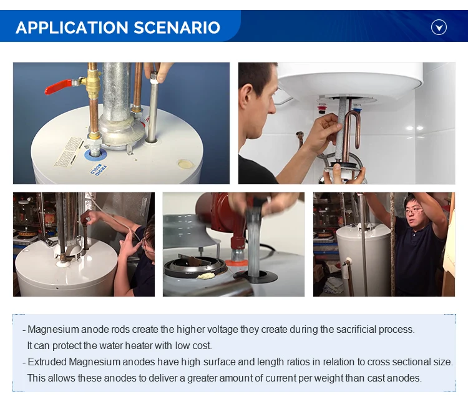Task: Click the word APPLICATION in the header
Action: point(72,27)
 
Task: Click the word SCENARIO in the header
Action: point(177,27)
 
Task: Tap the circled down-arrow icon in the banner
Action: point(439,27)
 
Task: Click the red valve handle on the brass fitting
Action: point(59,86)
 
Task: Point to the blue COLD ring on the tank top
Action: point(95,155)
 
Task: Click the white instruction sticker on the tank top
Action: point(69,152)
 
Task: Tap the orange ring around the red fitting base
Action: point(236,264)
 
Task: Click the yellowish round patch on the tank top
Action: point(185,164)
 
